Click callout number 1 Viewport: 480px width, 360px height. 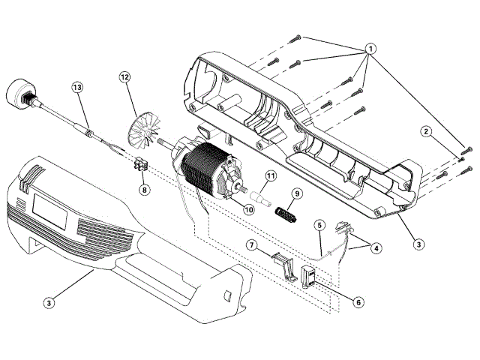(370, 48)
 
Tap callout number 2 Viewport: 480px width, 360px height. (425, 133)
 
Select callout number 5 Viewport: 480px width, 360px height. (319, 223)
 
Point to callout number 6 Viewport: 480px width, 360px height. (358, 302)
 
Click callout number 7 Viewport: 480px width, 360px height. (252, 245)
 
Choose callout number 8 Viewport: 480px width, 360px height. (144, 190)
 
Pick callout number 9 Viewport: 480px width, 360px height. (296, 193)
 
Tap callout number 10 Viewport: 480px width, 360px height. (248, 209)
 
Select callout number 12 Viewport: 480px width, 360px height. (124, 76)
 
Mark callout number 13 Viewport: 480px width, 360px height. (76, 88)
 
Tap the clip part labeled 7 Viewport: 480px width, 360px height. (282, 265)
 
